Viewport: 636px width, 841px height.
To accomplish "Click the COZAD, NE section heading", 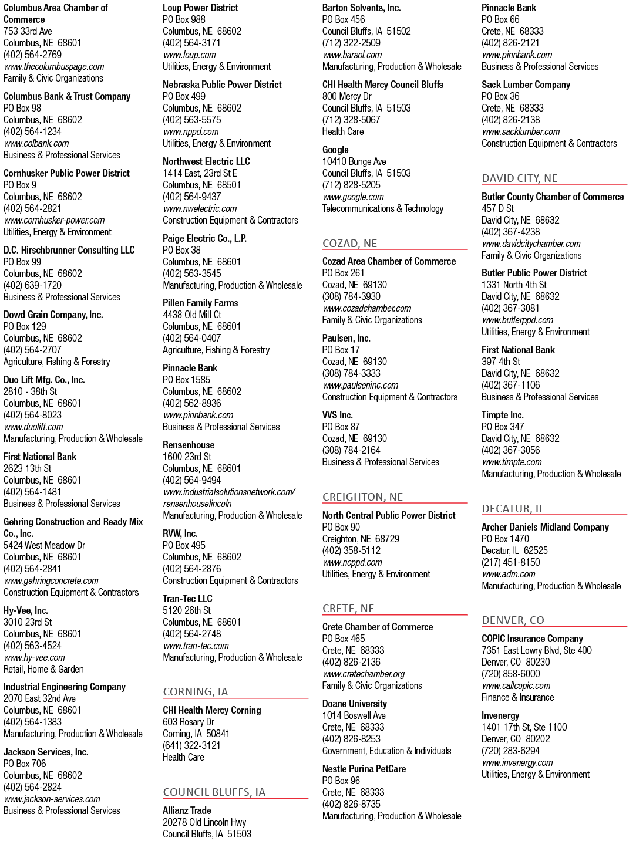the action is click(349, 244).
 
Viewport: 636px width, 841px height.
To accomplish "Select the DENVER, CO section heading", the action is click(513, 620).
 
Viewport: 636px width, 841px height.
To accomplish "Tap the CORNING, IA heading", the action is click(195, 691).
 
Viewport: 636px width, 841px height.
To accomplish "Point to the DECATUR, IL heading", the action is click(513, 508).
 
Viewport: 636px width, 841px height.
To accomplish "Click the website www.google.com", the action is click(353, 197).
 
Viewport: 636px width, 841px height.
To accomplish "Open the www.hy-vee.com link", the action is click(34, 657).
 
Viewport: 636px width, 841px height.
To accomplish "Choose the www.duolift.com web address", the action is click(33, 427).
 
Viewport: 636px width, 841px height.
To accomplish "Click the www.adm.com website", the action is click(508, 574).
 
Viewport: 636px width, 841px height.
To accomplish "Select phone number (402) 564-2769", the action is click(32, 55).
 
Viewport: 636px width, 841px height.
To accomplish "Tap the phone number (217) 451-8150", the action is click(511, 562).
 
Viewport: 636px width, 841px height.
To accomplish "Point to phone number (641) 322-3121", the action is click(191, 745).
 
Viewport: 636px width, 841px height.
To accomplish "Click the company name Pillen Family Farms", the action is click(200, 303).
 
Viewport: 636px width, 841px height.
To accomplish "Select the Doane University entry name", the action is click(354, 704).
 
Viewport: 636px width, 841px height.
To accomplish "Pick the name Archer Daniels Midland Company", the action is click(545, 527).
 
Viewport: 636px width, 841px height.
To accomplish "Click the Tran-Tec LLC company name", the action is click(187, 599).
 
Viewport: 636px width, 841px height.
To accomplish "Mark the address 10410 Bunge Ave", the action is click(354, 162).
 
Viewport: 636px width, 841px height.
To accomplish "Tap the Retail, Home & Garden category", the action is click(43, 669).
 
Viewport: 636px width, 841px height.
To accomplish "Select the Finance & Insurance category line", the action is click(517, 697).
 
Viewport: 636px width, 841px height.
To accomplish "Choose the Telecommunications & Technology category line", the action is click(382, 208).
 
